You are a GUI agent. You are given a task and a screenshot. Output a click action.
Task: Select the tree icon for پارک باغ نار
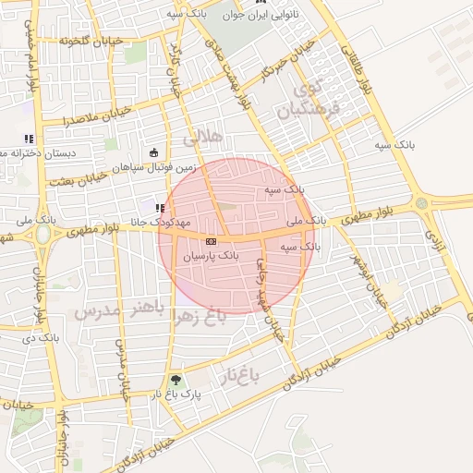point(176,380)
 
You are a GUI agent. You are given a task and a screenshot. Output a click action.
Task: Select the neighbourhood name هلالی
point(203,138)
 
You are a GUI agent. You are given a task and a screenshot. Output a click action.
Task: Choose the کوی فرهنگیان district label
point(309,100)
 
